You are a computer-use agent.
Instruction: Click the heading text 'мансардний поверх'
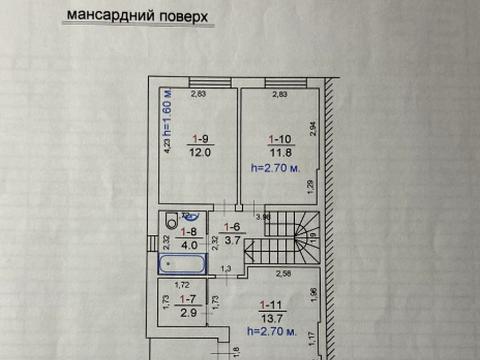[152, 15]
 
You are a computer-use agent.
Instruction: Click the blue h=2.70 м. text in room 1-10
[277, 168]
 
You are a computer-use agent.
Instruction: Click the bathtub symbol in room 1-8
[183, 267]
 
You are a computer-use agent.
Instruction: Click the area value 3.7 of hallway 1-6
[231, 241]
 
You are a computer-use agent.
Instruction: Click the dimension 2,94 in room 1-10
[312, 127]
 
